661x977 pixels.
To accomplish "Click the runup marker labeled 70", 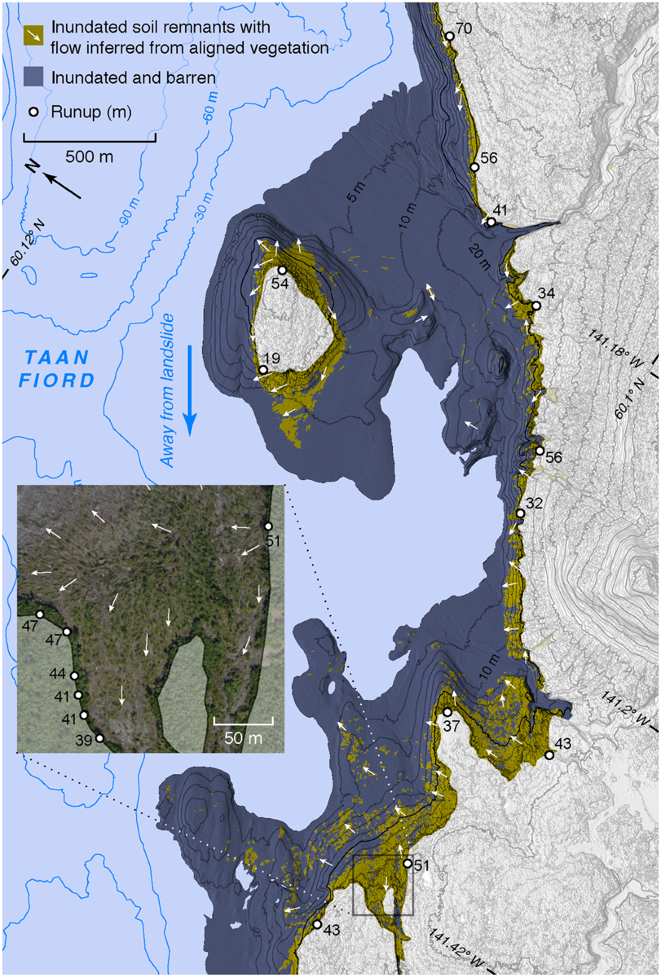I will pos(449,36).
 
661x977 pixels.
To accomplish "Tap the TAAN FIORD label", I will pos(57,369).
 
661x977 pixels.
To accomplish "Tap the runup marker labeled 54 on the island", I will pos(281,270).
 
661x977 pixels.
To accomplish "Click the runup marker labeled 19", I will pos(263,370).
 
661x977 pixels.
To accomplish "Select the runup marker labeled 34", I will pos(536,306).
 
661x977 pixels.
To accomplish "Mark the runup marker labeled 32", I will pos(520,513).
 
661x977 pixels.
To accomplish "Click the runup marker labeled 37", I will pos(448,712).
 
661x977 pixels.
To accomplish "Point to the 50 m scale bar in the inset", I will pos(243,721).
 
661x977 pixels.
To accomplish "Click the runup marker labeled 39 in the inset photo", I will pos(100,739).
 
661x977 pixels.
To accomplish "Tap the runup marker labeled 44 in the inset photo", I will pos(74,676).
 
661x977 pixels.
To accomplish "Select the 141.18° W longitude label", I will pos(615,348).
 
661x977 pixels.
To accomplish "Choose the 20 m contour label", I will pos(479,257).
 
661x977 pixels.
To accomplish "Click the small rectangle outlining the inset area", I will pos(382,886).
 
